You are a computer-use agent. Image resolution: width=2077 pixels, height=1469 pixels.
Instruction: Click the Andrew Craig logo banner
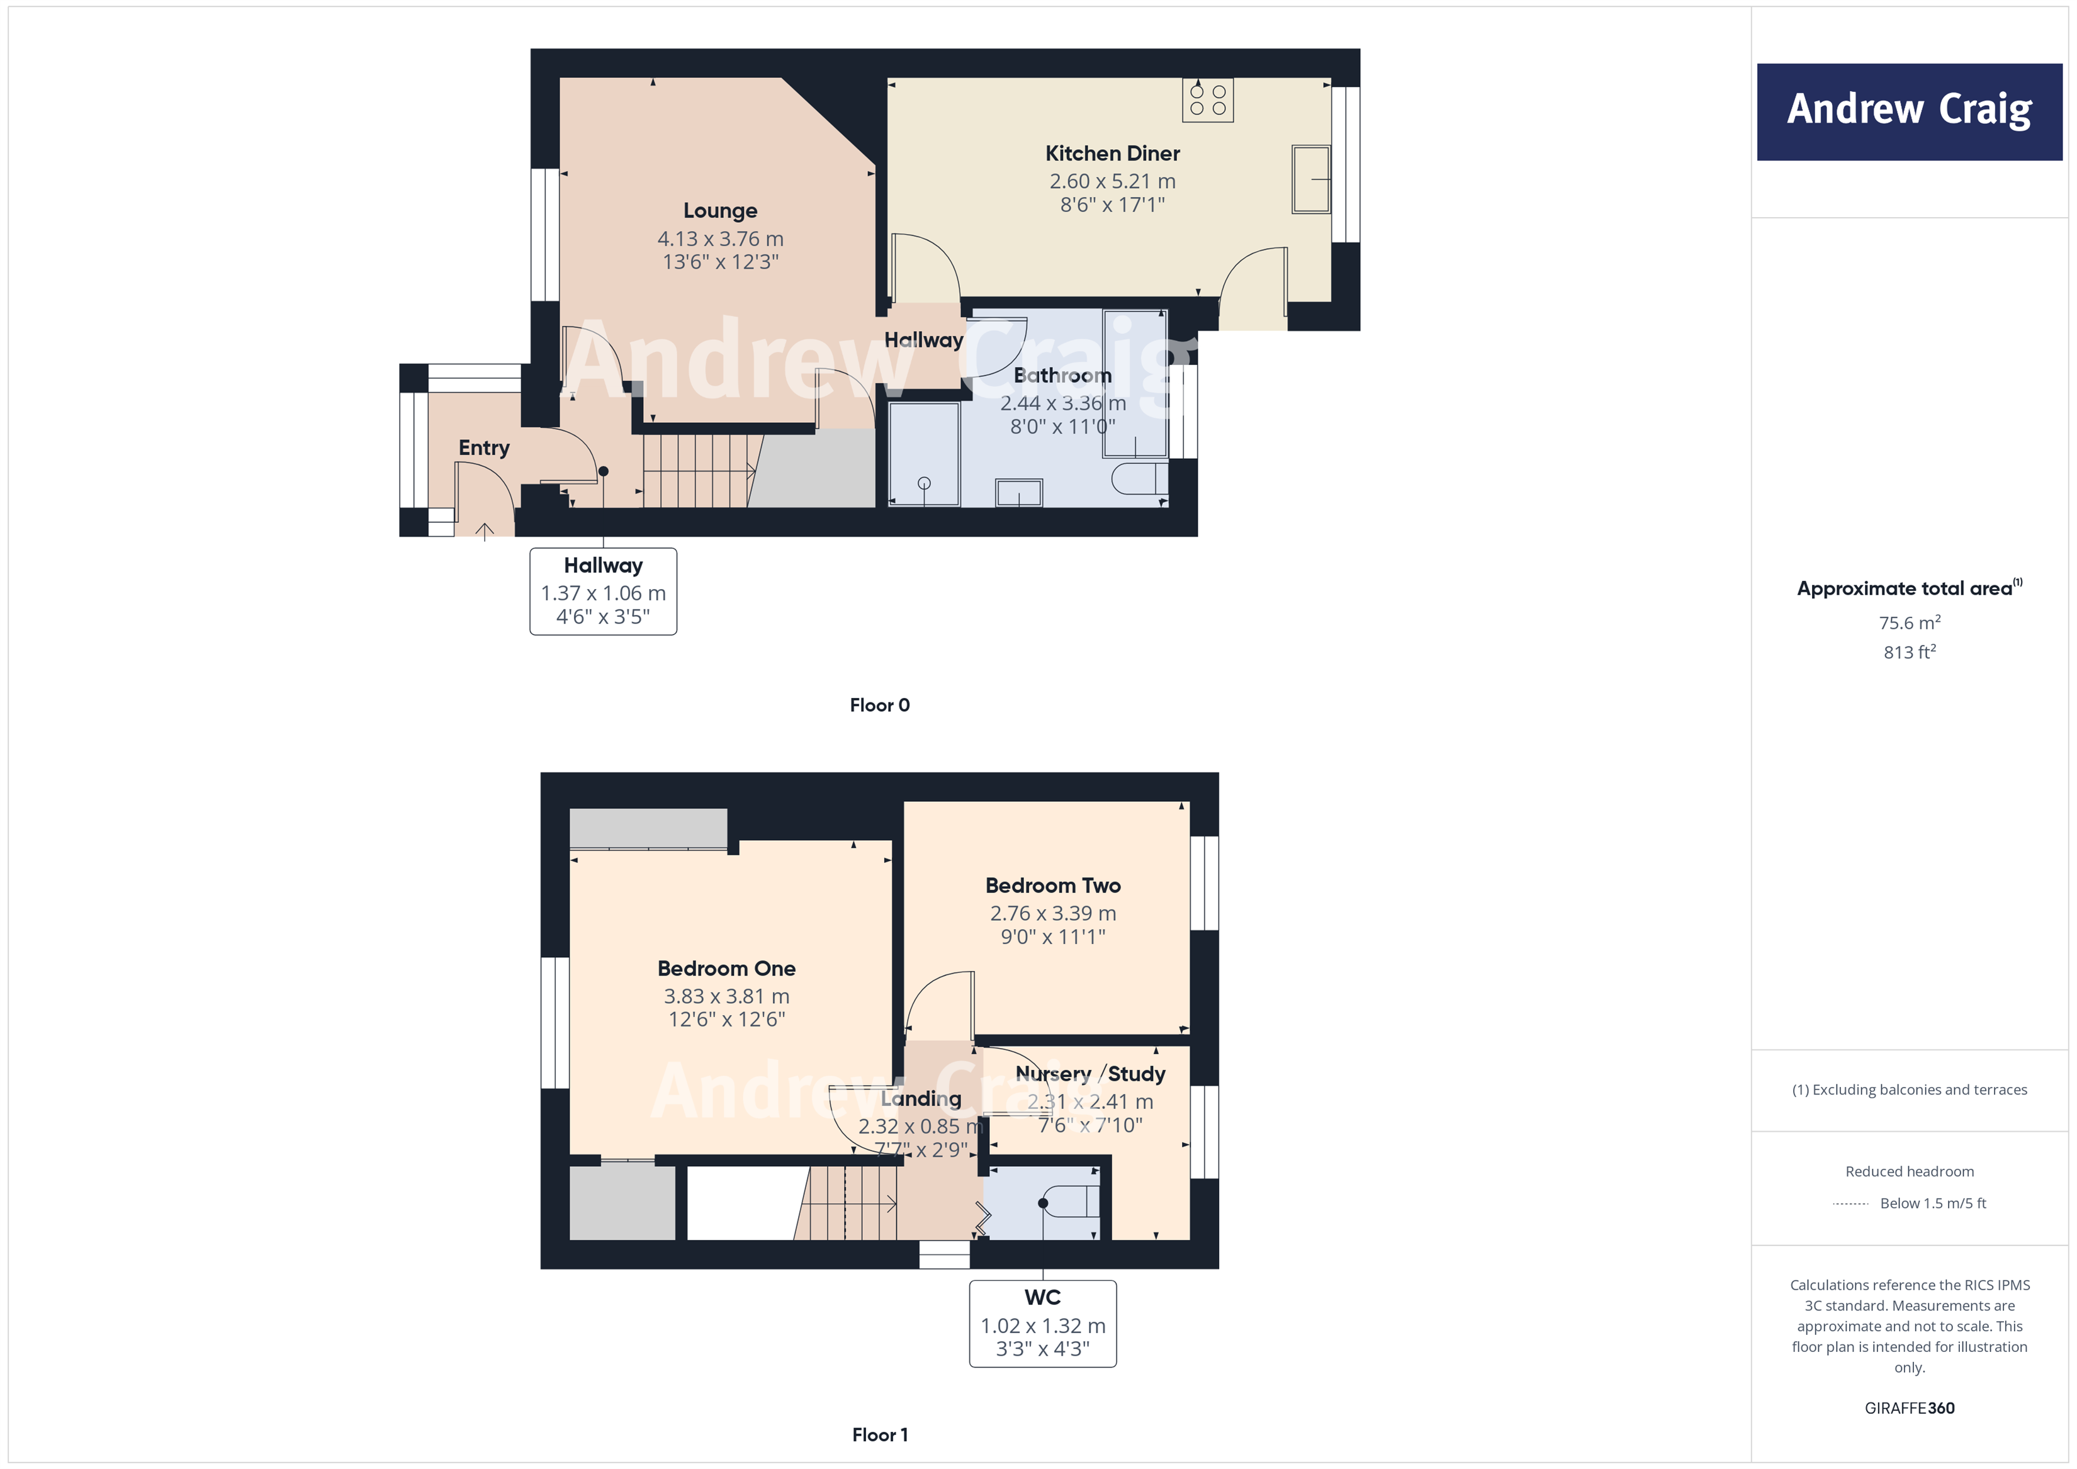click(1909, 111)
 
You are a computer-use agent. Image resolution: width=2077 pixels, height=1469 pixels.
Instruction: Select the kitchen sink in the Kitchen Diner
click(1311, 179)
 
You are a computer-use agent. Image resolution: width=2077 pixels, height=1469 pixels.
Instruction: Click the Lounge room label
click(720, 211)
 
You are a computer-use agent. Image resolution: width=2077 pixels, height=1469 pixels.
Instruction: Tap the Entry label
click(483, 447)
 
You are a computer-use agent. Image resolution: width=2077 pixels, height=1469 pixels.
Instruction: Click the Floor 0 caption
click(879, 706)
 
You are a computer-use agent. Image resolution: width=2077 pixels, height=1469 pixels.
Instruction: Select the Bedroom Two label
click(1052, 886)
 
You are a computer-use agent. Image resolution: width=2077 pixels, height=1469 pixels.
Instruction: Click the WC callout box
click(1042, 1324)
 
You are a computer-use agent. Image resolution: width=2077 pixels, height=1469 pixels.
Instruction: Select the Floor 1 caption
click(879, 1434)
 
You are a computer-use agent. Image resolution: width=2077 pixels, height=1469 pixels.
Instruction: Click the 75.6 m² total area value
click(1909, 623)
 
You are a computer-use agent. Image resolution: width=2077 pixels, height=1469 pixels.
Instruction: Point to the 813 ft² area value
click(1909, 652)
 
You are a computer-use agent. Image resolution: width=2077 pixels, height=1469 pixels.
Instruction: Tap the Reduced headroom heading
click(1909, 1171)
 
